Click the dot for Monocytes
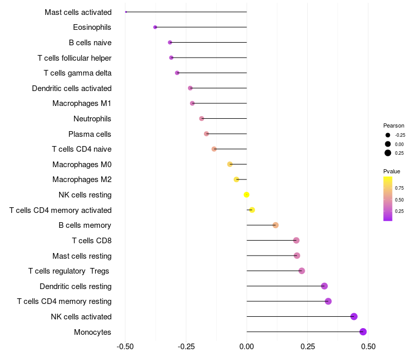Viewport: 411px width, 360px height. tap(363, 332)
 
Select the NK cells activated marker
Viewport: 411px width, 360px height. tap(354, 316)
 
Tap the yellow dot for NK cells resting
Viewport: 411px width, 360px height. tap(247, 194)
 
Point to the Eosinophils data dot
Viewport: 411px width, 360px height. tap(155, 27)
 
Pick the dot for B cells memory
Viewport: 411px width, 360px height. tap(275, 225)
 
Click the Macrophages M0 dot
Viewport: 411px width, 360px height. tap(230, 164)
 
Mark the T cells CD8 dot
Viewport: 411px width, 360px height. tap(296, 240)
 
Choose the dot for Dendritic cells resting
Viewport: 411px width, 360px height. tap(324, 286)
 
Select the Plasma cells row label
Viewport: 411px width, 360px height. tap(90, 134)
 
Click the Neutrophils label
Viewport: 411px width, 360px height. tap(92, 119)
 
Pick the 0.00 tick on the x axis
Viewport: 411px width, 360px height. tap(247, 347)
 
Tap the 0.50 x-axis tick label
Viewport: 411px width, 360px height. tap(368, 347)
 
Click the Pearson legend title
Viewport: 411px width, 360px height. tap(394, 125)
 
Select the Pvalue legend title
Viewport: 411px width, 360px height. tap(391, 171)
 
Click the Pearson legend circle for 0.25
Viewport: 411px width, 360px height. tap(388, 153)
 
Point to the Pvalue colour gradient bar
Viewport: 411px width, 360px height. tap(388, 199)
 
